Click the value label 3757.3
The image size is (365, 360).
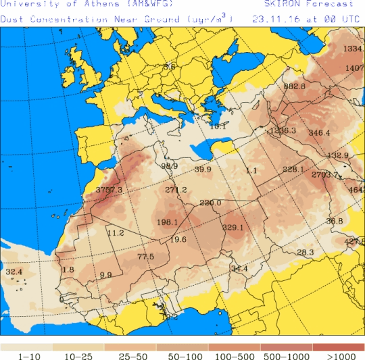pos(109,190)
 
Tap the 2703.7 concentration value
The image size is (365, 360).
pos(324,175)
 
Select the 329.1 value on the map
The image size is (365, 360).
pos(233,228)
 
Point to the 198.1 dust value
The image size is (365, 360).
pos(167,222)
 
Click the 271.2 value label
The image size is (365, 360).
pos(176,190)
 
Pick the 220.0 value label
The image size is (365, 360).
pos(210,203)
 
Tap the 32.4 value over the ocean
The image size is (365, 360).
pos(14,272)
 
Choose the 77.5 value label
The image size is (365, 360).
pos(145,257)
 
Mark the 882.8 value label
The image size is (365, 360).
pos(295,86)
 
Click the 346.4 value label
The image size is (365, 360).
pos(319,133)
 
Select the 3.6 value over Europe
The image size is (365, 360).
pos(169,67)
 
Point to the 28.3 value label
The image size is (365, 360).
pos(306,253)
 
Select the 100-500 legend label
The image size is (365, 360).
pos(233,356)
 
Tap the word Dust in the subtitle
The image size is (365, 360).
pos(11,20)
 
